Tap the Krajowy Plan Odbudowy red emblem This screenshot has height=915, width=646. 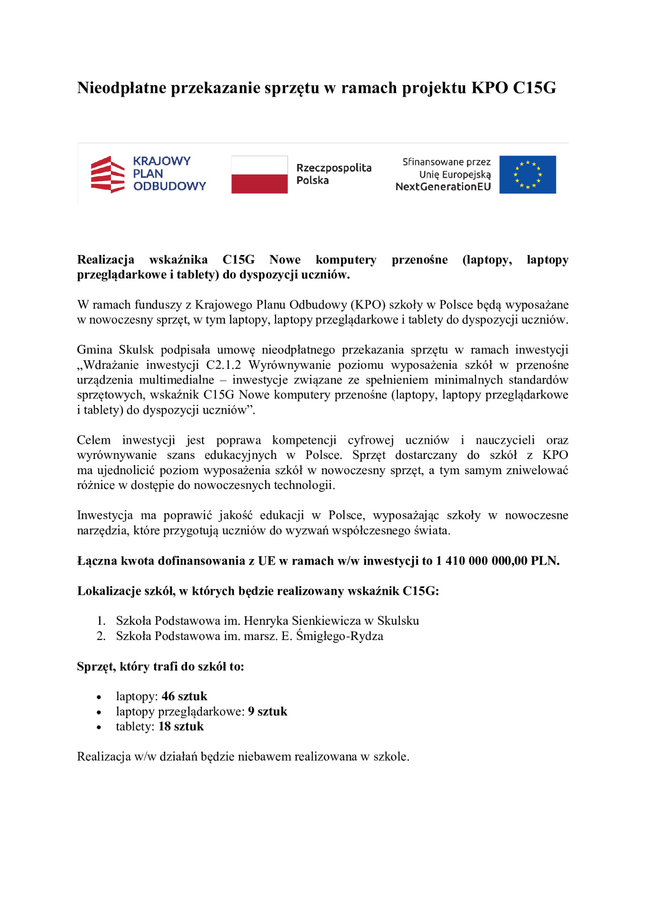click(108, 174)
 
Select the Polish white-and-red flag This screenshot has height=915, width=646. click(259, 174)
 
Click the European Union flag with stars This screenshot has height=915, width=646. click(527, 174)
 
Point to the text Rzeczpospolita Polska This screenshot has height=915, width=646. click(333, 174)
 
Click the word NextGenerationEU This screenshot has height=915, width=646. click(443, 187)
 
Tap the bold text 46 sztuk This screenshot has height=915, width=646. click(184, 696)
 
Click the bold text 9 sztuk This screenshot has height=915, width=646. click(267, 712)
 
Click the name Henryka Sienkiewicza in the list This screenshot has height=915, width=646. click(302, 621)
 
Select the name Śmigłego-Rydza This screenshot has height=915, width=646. click(339, 636)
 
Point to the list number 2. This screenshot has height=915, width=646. click(100, 636)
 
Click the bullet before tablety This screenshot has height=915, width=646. click(99, 727)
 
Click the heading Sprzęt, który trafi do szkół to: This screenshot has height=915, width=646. click(160, 666)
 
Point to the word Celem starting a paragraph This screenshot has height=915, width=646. click(94, 440)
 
